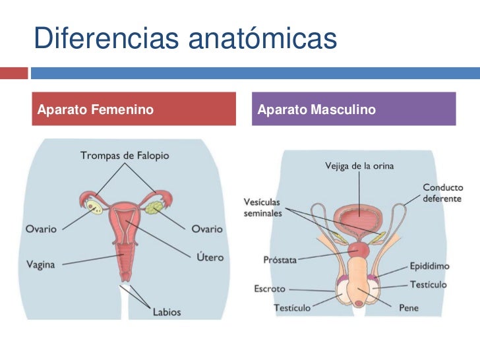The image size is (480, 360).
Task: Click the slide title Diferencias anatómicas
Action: [185, 39]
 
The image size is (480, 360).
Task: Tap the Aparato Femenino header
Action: [96, 109]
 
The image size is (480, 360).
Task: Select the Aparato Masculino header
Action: [316, 109]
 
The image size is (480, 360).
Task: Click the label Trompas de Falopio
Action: [125, 156]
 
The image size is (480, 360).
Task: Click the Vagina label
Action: [41, 265]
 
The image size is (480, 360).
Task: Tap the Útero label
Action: [210, 256]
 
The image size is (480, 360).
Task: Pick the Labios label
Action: [167, 311]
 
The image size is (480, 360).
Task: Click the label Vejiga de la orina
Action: [359, 166]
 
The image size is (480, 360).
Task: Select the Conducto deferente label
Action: [442, 193]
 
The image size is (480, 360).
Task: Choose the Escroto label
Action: [270, 289]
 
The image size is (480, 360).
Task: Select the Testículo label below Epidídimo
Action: [428, 285]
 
